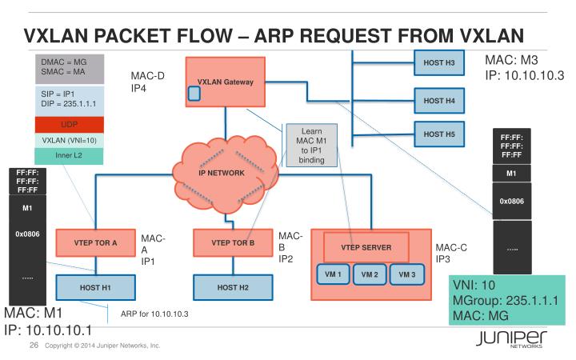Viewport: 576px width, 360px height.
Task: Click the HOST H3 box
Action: point(439,62)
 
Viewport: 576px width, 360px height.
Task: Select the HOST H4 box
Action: point(439,100)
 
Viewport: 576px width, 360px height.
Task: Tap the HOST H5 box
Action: point(439,134)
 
